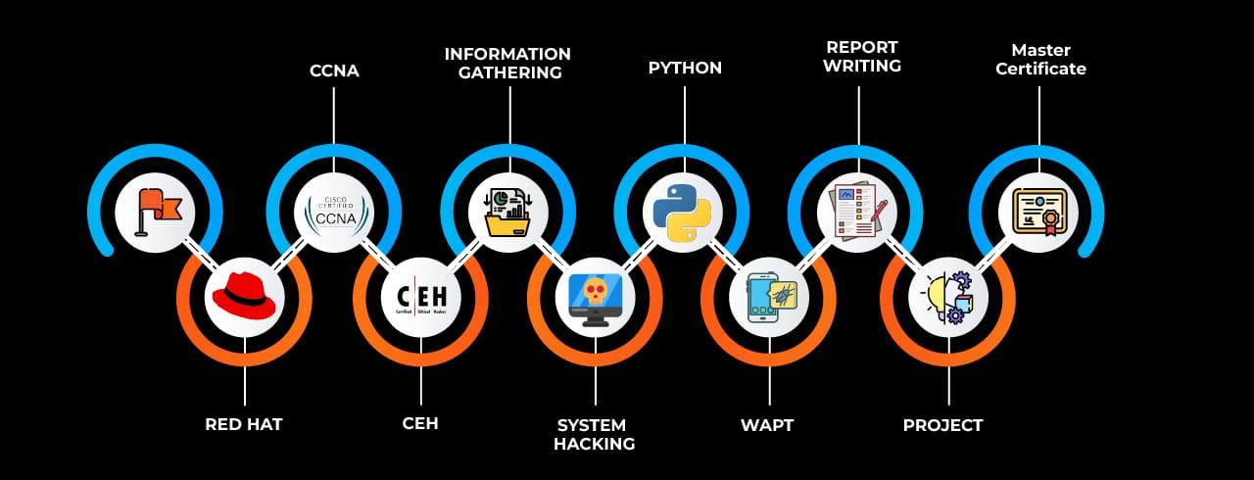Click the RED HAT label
tap(244, 425)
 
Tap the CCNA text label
tap(333, 71)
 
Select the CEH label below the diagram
tap(420, 424)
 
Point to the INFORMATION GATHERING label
tap(507, 63)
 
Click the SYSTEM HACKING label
tap(595, 434)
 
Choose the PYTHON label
tap(685, 69)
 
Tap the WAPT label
tap(766, 425)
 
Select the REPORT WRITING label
tap(862, 56)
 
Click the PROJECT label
tap(942, 425)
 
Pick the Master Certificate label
tap(1040, 59)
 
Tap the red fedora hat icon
tap(244, 296)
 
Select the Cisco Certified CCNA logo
tap(333, 213)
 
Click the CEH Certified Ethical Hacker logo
tap(420, 297)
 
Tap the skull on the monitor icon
tap(595, 297)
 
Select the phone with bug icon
tap(769, 297)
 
